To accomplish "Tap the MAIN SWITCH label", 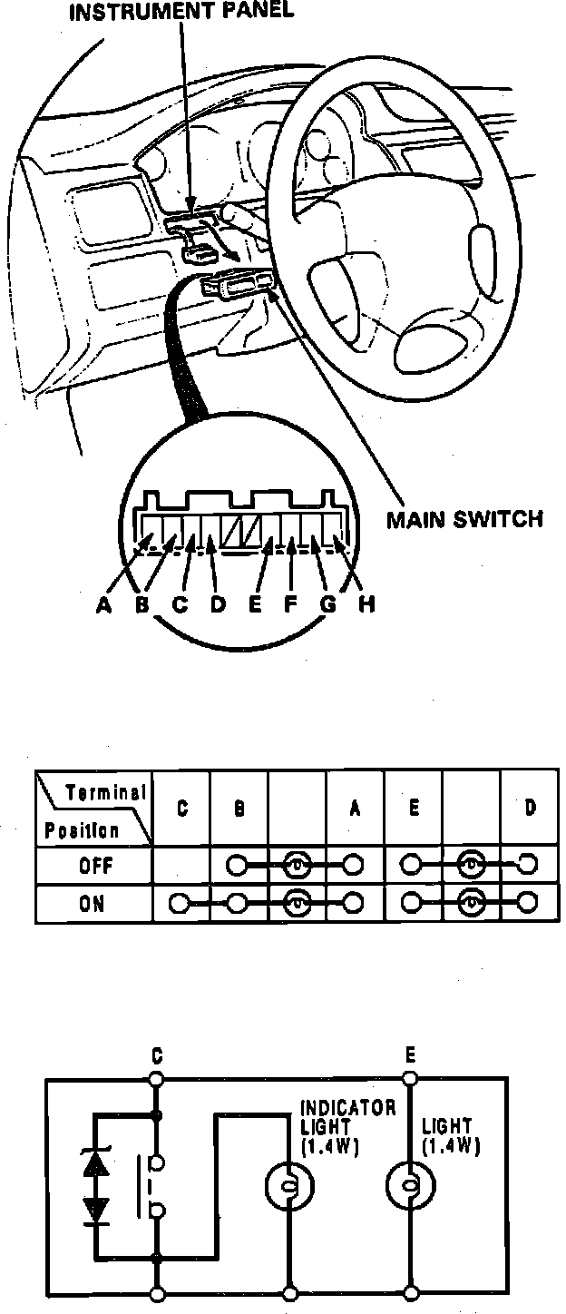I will point(464,520).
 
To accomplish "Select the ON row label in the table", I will point(93,904).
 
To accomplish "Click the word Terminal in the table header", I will point(106,792).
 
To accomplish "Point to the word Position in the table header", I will point(83,830).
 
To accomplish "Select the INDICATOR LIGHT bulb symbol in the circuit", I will point(288,1185).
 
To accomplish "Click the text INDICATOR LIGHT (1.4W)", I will point(347,1128).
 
